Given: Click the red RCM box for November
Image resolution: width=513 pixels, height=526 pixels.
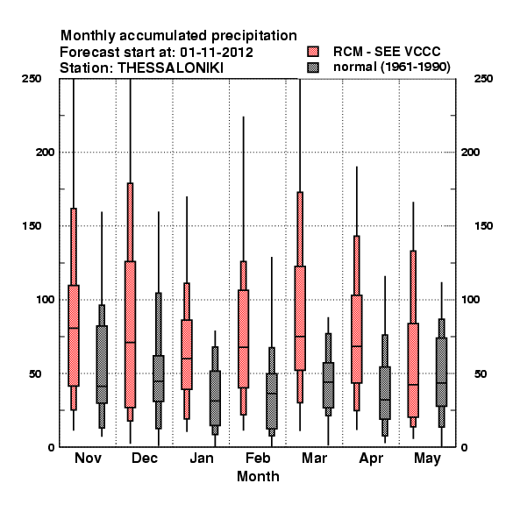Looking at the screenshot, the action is pos(74,336).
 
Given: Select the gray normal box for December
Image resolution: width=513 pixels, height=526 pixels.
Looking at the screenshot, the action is pos(159,379).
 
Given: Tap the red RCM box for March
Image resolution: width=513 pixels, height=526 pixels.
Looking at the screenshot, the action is pos(300,318).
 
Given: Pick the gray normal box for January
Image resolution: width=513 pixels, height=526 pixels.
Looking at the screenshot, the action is pos(215,398).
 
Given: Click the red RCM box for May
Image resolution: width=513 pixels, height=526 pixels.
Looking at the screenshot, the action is pos(413,370).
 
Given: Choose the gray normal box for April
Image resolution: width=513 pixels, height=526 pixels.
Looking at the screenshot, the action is pos(385,393).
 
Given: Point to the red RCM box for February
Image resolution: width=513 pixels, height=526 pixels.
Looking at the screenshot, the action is pos(243,338).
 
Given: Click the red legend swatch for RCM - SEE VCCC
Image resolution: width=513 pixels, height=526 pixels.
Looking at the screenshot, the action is pos(313,52).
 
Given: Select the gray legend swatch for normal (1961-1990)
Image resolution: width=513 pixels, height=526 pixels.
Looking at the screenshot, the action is pos(313,68).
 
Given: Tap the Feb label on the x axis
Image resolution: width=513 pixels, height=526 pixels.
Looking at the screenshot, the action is pos(258,458).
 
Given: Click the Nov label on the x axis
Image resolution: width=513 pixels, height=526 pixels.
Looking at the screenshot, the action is pos(88,458).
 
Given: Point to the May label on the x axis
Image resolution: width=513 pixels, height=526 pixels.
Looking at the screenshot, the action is pos(427,458).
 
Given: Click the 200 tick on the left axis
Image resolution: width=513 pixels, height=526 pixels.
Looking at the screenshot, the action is pos(45,152).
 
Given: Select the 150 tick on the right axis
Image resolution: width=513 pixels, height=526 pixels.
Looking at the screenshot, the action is pos(483,226).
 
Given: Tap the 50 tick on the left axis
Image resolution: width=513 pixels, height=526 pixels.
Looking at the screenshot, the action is pos(35,373).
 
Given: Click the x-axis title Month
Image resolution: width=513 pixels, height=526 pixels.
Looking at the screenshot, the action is pos(258,476).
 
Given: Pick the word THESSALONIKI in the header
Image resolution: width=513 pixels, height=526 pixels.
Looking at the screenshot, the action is pos(170,68).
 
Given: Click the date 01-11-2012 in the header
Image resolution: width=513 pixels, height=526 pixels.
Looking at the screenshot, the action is pos(217,53).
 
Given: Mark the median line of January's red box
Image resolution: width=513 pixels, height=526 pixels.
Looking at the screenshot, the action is pos(187,359).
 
